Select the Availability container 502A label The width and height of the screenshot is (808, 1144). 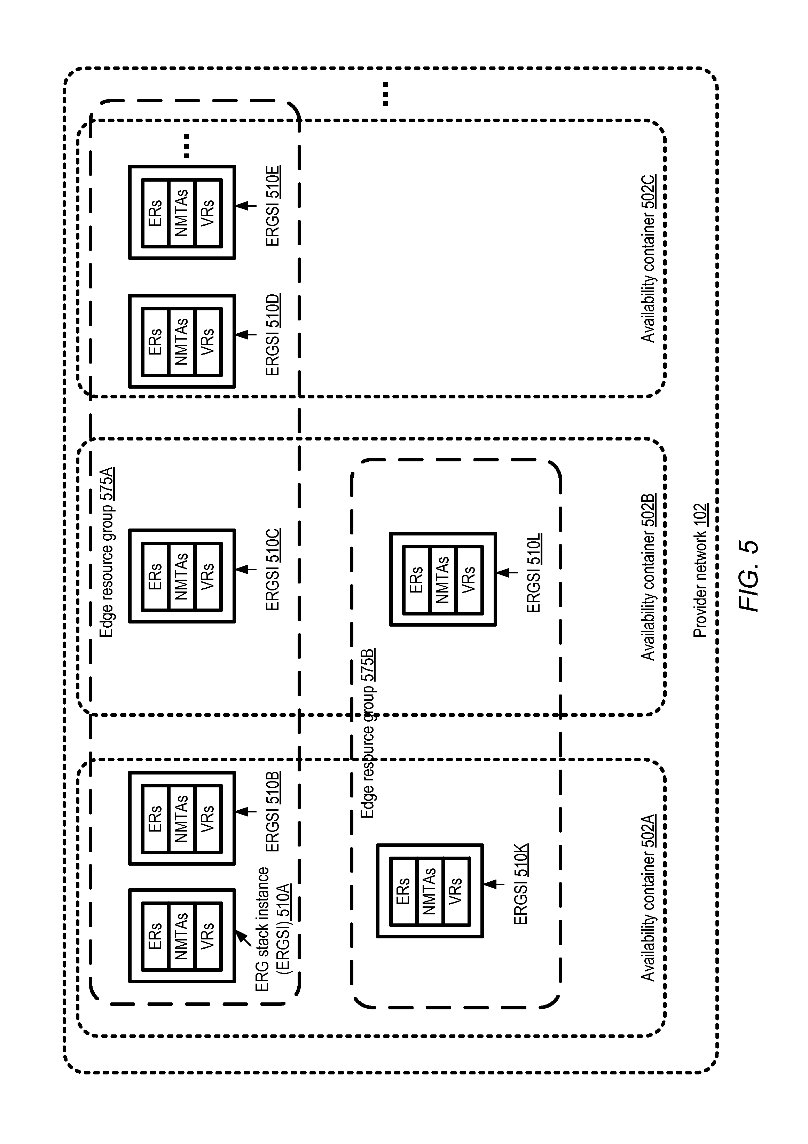(648, 897)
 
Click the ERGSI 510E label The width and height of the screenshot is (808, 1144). (273, 206)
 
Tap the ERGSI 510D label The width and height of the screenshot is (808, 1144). (273, 335)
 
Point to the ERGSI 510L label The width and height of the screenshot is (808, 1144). (534, 573)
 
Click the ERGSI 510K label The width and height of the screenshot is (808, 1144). (521, 884)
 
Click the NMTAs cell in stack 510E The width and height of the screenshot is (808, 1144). (182, 212)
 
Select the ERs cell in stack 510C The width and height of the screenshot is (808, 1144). (156, 576)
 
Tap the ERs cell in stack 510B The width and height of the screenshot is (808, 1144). (156, 819)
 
